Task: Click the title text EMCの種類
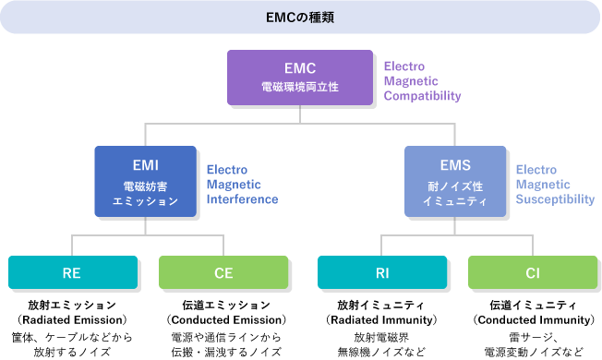tap(301, 18)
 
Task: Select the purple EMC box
tap(300, 77)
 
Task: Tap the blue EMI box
tap(145, 181)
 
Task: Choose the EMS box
tap(455, 181)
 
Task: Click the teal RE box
tap(73, 272)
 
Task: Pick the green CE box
tap(223, 272)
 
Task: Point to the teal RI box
tap(382, 272)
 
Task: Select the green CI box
tap(533, 272)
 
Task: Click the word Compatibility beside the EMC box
tap(422, 96)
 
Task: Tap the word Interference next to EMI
tap(242, 199)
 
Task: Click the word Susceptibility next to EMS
tap(555, 199)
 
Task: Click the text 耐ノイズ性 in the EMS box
tap(455, 186)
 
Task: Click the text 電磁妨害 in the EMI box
tap(145, 186)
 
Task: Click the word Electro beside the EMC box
tap(403, 66)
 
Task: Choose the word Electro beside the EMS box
tap(536, 170)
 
